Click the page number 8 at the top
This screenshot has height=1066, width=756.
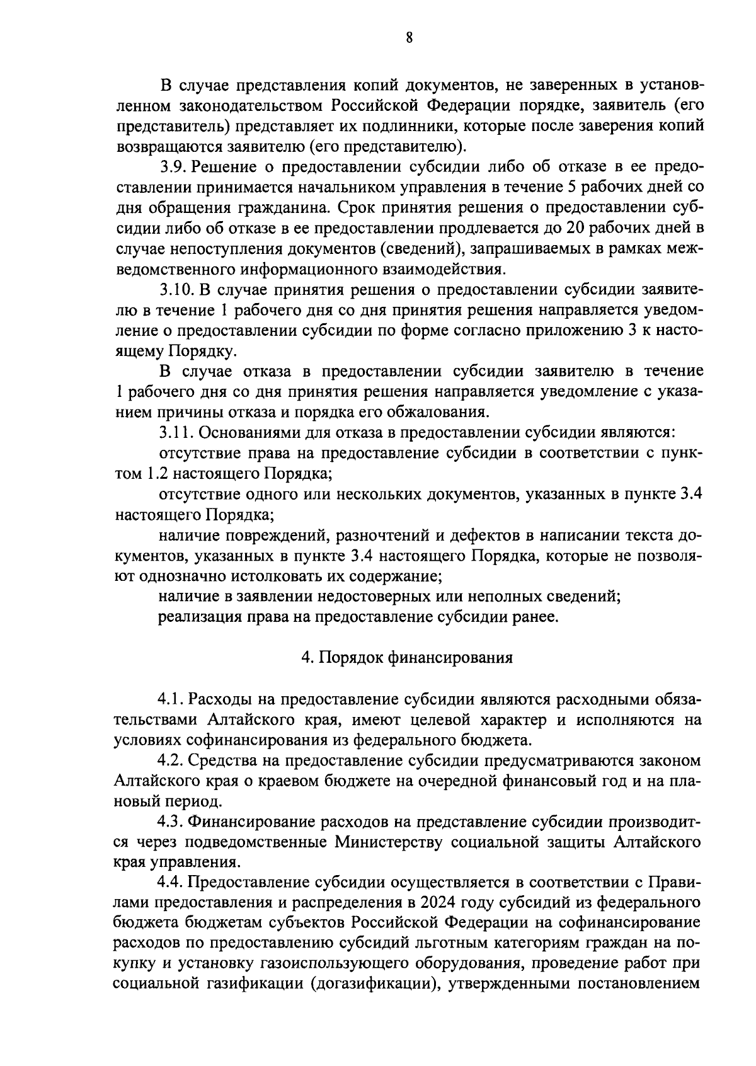(409, 38)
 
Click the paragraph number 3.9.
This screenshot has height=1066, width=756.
(171, 167)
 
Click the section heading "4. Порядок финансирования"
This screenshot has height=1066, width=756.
(406, 658)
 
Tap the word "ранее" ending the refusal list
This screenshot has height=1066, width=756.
(538, 617)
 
